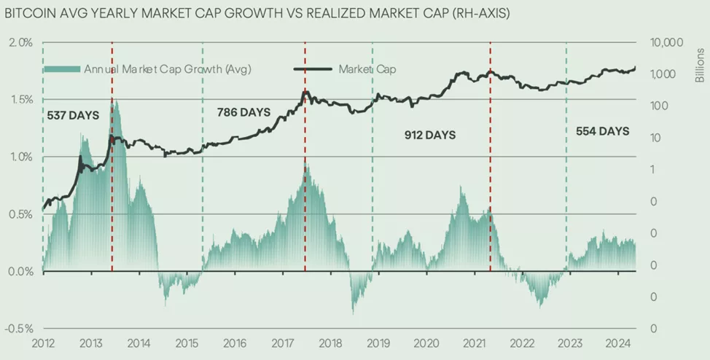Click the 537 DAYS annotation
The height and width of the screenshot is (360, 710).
pyautogui.click(x=73, y=115)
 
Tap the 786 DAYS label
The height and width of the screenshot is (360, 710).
pyautogui.click(x=243, y=112)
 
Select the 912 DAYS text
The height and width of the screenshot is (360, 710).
pyautogui.click(x=430, y=135)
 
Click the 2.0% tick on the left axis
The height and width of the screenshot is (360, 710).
pyautogui.click(x=20, y=42)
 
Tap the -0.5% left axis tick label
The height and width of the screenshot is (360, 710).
pyautogui.click(x=19, y=329)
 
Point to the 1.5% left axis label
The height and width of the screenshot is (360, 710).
pyautogui.click(x=20, y=100)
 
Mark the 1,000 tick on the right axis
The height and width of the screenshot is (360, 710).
pyautogui.click(x=664, y=74)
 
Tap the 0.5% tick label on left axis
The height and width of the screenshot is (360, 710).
pyautogui.click(x=20, y=214)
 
